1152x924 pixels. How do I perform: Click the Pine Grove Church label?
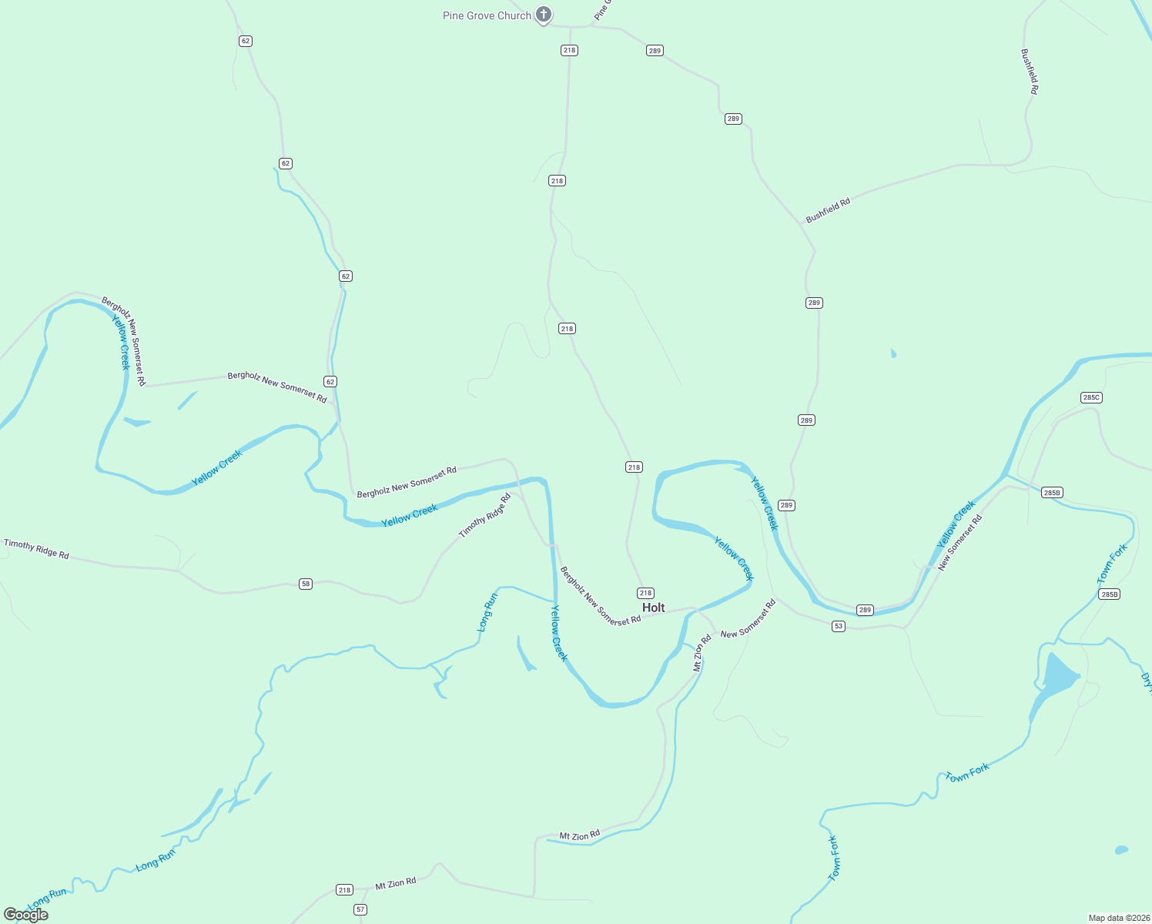pos(487,15)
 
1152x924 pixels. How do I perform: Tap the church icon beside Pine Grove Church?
pos(544,15)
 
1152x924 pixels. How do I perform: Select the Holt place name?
pos(653,608)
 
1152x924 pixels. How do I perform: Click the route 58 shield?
pos(306,584)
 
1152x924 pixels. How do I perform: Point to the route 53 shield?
pos(839,626)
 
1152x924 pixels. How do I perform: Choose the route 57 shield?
pos(360,909)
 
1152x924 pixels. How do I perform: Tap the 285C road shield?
pos(1091,397)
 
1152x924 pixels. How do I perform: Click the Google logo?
pos(26,914)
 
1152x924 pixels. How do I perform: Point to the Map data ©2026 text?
pos(1117,918)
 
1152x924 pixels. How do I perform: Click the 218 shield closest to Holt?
pos(645,593)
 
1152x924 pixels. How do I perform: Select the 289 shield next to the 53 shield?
pos(865,610)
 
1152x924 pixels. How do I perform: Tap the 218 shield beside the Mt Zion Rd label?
pos(344,890)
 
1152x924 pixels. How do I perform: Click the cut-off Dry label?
pos(1146,681)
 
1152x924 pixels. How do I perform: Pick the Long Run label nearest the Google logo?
pos(47,898)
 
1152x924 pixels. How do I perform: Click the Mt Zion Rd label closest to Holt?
pos(702,653)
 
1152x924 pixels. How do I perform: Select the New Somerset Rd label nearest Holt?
pos(748,619)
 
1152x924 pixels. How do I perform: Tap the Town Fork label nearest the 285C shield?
pos(1111,563)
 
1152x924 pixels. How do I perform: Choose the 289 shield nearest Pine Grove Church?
pos(654,51)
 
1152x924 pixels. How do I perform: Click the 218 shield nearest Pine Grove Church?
pos(569,50)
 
